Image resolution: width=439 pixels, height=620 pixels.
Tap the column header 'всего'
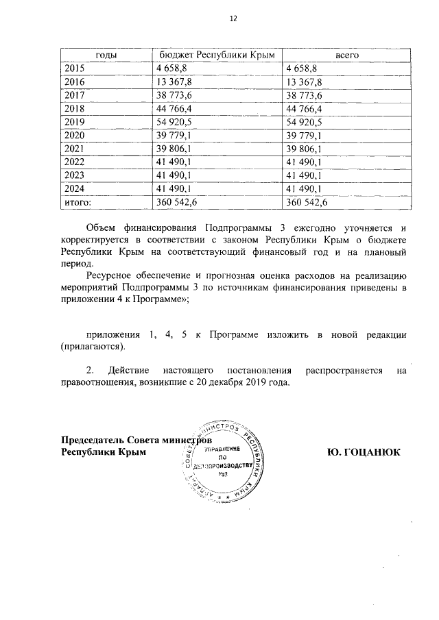346,54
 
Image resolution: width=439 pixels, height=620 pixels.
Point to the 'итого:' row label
78,202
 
